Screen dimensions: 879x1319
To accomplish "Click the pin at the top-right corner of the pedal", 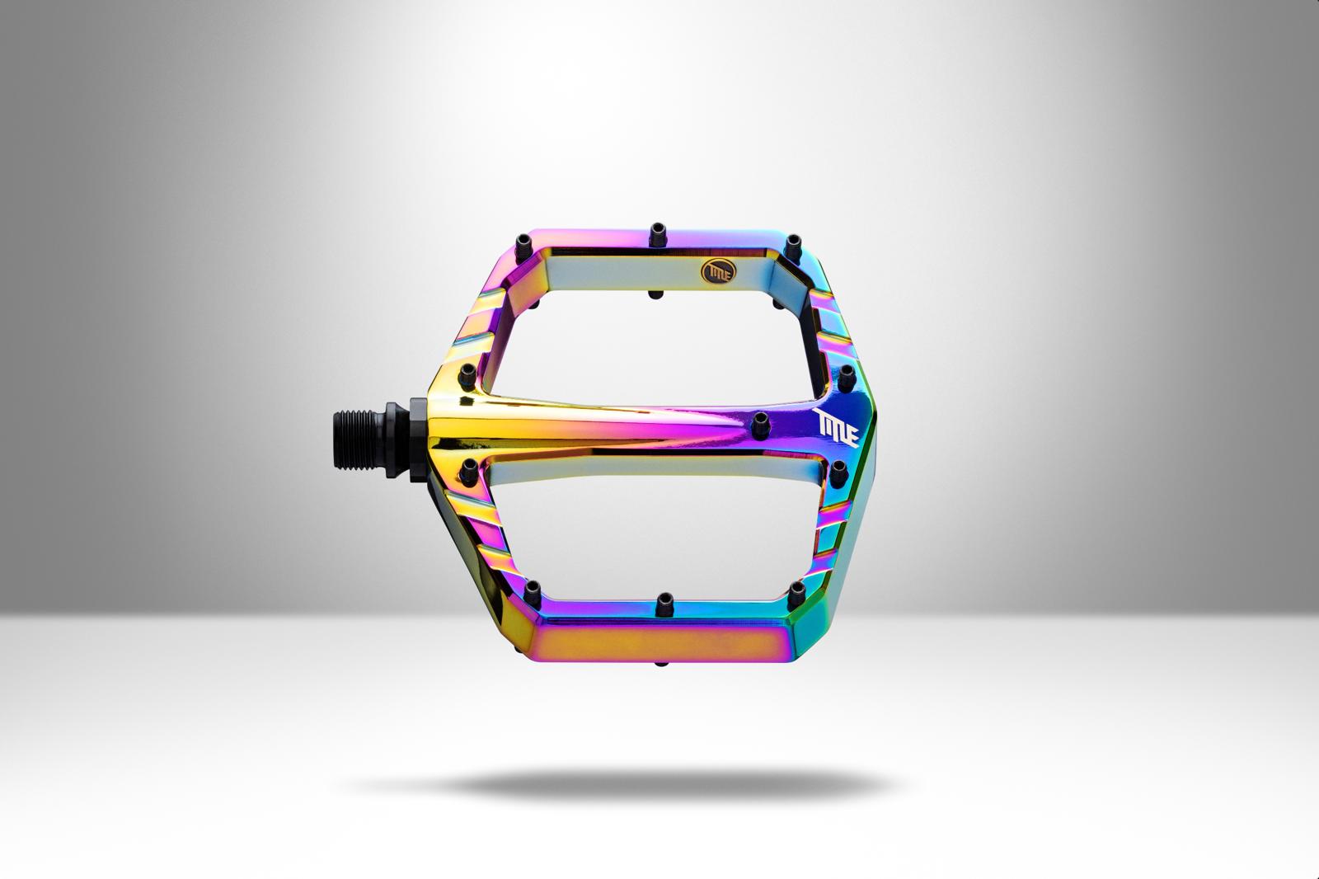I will [792, 243].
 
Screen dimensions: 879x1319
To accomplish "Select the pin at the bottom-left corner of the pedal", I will [533, 590].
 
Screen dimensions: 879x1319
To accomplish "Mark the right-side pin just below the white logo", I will [840, 470].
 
